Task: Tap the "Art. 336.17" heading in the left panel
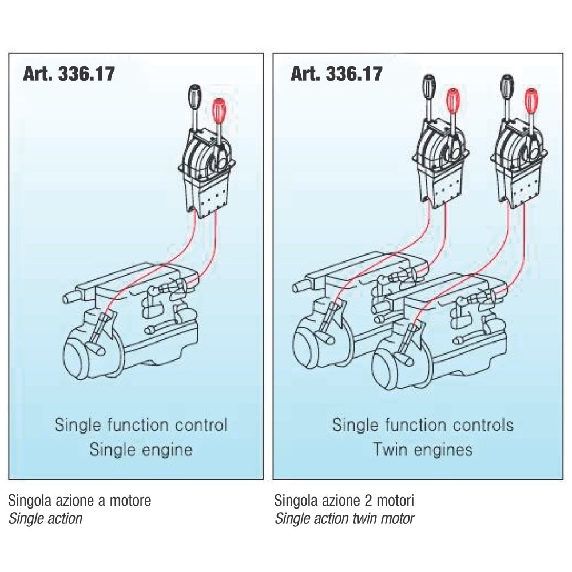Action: point(69,74)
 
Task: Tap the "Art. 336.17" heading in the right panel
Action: point(336,74)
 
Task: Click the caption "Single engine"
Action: point(141,450)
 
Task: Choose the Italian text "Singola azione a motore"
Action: point(80,500)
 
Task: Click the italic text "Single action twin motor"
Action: point(345,519)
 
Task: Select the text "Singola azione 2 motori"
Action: point(344,500)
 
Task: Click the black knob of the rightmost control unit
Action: point(507,86)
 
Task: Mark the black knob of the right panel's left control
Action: point(429,86)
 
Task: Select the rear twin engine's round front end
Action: point(307,343)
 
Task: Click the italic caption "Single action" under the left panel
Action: point(45,519)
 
